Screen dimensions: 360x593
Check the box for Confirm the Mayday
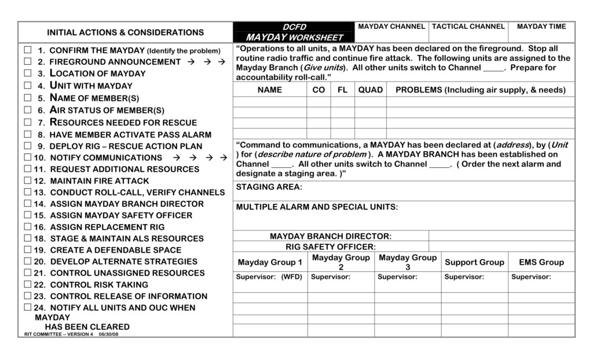pos(27,50)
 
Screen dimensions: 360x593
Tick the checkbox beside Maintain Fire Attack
pos(27,181)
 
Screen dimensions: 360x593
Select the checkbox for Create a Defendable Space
pos(27,250)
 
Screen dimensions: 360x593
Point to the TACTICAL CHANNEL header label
pos(468,27)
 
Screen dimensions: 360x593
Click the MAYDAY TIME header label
pos(541,27)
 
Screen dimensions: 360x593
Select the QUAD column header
pos(370,90)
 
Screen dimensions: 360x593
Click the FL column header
pos(342,90)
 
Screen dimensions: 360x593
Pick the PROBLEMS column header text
pos(480,90)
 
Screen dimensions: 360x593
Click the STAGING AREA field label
pos(269,187)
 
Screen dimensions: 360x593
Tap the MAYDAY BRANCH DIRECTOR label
pos(331,236)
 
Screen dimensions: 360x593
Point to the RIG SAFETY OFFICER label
pos(331,247)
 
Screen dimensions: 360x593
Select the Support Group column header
pos(474,262)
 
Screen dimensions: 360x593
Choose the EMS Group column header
pos(541,262)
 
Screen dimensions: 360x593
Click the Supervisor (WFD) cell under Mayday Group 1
pos(269,277)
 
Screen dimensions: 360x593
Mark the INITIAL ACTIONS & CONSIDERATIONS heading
pos(125,32)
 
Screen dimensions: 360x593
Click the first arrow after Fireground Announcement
pos(191,61)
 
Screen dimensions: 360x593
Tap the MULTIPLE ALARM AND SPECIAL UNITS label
pos(317,207)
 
